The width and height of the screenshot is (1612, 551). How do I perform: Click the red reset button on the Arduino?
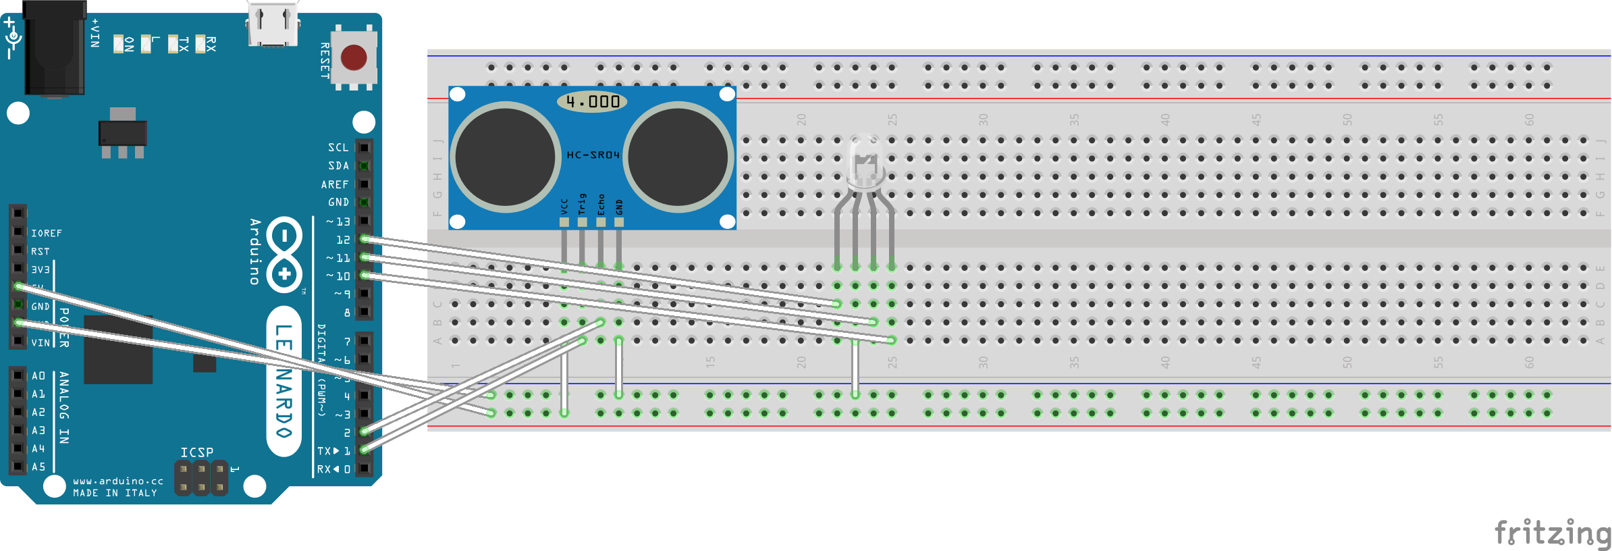pyautogui.click(x=354, y=58)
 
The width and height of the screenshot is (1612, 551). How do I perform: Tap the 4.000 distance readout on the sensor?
pyautogui.click(x=592, y=101)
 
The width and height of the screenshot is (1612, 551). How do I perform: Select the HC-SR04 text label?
pyautogui.click(x=593, y=155)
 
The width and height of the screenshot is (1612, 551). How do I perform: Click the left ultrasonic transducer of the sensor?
pyautogui.click(x=505, y=156)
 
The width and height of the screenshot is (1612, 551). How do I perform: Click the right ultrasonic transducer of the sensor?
pyautogui.click(x=678, y=156)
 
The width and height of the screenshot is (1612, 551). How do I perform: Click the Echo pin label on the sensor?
pyautogui.click(x=601, y=205)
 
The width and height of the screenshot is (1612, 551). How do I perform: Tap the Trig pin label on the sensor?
pyautogui.click(x=583, y=205)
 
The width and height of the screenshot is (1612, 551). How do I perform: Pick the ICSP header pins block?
pyautogui.click(x=201, y=478)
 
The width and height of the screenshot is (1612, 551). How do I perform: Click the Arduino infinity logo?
pyautogui.click(x=284, y=255)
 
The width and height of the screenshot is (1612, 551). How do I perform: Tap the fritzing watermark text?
pyautogui.click(x=1552, y=532)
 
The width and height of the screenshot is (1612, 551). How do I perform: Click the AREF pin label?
pyautogui.click(x=335, y=184)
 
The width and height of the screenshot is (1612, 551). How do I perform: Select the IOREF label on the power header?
pyautogui.click(x=47, y=233)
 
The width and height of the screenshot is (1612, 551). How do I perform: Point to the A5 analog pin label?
pyautogui.click(x=38, y=467)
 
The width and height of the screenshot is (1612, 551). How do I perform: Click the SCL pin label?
pyautogui.click(x=338, y=147)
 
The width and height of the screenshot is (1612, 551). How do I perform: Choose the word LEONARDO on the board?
pyautogui.click(x=284, y=381)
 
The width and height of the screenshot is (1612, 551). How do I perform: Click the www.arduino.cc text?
pyautogui.click(x=118, y=481)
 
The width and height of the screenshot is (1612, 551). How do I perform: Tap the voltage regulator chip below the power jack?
pyautogui.click(x=122, y=132)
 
